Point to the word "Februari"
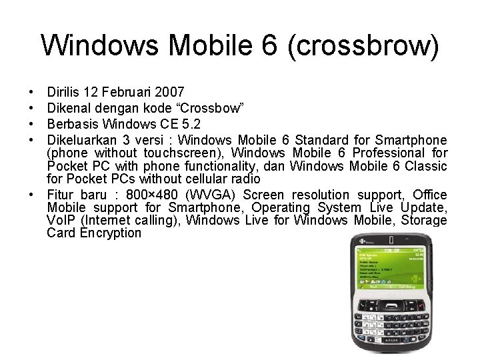click(x=125, y=91)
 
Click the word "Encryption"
click(x=110, y=233)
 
